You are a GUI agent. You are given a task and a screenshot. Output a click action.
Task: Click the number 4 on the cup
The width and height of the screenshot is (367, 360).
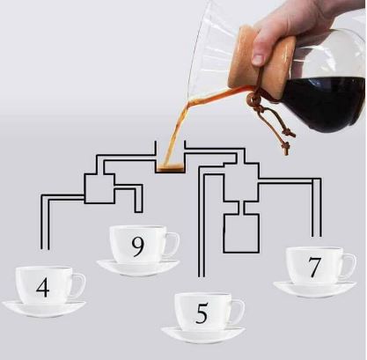[x=43, y=288]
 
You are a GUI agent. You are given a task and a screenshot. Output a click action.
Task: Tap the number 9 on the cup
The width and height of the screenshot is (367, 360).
[x=138, y=247]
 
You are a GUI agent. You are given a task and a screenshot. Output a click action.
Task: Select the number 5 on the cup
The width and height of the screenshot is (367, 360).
[x=202, y=313]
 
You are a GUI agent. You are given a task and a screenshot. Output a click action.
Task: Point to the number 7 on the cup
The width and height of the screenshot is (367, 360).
[x=314, y=268]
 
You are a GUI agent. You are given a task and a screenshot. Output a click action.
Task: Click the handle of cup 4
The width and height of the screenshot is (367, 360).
[x=79, y=285]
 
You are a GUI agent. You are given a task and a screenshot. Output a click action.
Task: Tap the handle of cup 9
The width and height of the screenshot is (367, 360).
[x=173, y=244]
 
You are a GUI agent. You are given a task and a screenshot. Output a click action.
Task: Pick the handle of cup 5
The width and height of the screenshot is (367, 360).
[x=239, y=311]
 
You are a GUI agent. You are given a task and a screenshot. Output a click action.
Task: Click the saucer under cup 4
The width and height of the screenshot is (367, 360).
[x=44, y=309]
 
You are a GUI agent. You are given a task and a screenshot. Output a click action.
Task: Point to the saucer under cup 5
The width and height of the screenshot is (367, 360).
[x=203, y=335]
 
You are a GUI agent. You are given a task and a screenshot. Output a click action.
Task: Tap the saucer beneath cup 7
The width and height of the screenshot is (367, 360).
[x=314, y=290]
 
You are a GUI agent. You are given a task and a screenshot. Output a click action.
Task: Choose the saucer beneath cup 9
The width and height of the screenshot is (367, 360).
[x=138, y=268]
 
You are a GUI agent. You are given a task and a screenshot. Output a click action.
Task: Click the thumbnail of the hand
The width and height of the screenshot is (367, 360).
[x=259, y=60]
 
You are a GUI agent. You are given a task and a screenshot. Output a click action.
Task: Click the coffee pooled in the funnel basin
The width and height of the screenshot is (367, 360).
[x=170, y=168]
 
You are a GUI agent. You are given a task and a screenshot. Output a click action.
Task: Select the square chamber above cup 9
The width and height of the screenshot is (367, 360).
[x=99, y=188]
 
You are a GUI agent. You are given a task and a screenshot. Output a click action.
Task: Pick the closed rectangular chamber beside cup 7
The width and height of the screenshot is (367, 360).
[x=241, y=233]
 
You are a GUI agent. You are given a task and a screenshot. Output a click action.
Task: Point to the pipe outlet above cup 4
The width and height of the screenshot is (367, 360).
[x=45, y=249]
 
